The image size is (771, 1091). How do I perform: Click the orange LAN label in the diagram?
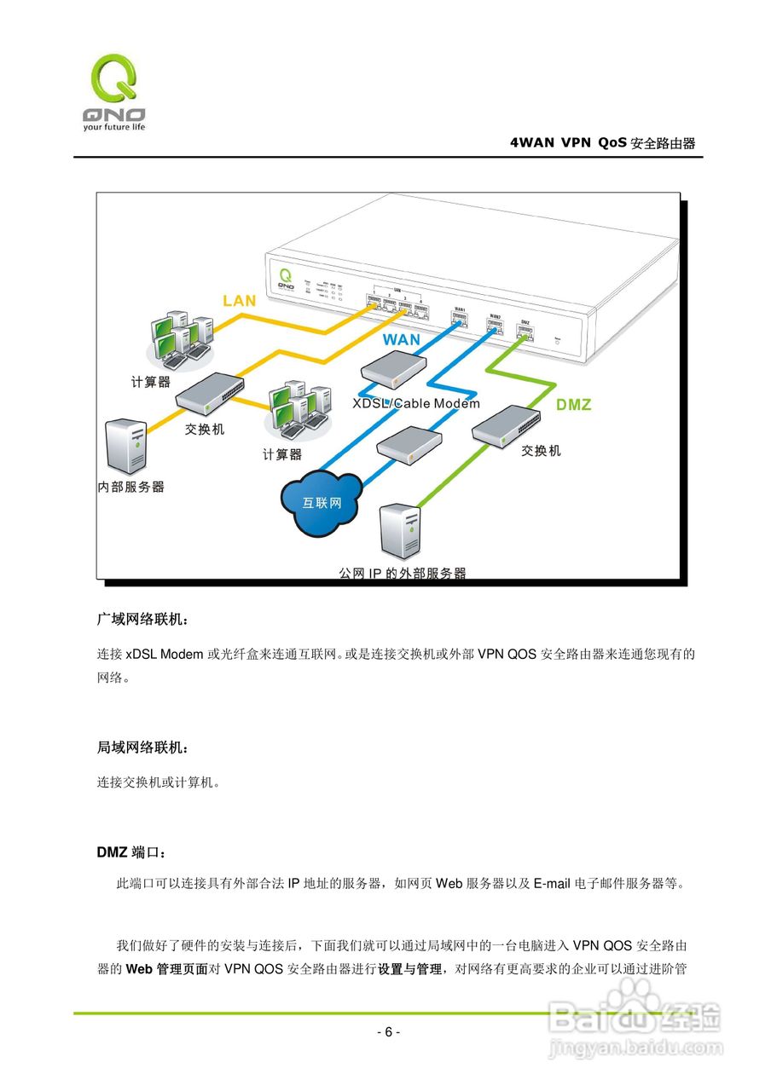pyautogui.click(x=240, y=300)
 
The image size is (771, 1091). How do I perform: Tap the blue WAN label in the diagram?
pyautogui.click(x=401, y=339)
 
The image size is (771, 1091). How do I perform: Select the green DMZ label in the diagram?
pyautogui.click(x=573, y=405)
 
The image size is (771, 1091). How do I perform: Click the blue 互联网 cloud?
pyautogui.click(x=322, y=503)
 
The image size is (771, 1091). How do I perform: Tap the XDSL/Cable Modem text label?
pyautogui.click(x=416, y=403)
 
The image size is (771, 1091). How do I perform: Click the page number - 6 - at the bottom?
pyautogui.click(x=388, y=1032)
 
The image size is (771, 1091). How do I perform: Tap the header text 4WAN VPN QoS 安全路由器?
pyautogui.click(x=602, y=143)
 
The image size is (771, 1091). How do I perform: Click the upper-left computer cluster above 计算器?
pyautogui.click(x=178, y=336)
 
